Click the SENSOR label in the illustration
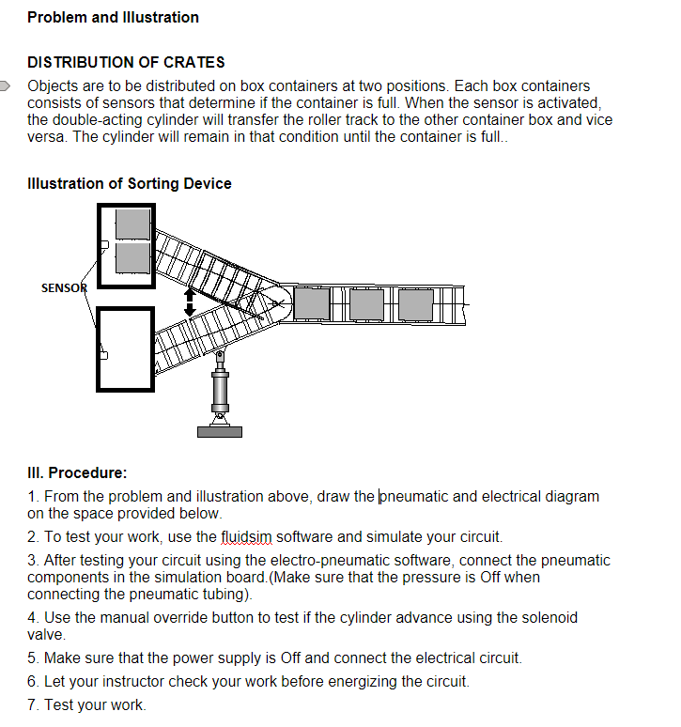coord(63,288)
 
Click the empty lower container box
coord(126,348)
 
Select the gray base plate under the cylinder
coord(219,431)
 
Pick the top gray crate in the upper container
coord(132,224)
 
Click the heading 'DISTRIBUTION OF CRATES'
coord(126,63)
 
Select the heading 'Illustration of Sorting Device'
coord(130,184)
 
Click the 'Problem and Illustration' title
coord(113,17)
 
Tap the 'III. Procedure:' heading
coord(77,472)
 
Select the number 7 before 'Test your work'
coord(32,704)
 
